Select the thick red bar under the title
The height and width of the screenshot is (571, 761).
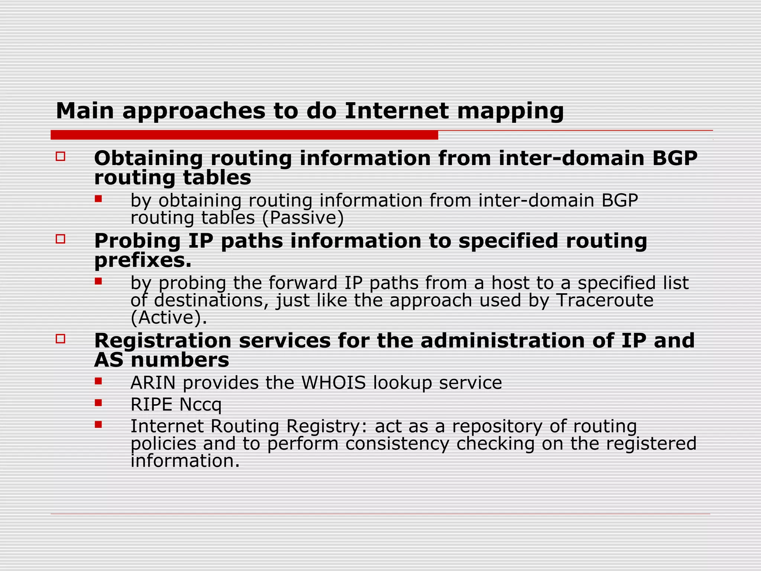pos(244,135)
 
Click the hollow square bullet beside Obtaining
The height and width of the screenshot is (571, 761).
pos(61,156)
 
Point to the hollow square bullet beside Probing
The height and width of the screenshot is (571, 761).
pos(61,239)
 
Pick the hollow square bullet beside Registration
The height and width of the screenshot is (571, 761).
pos(61,339)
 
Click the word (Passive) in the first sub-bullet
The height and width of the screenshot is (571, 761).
pos(303,218)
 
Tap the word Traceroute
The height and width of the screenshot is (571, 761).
pos(605,300)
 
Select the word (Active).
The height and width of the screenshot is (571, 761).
pos(168,317)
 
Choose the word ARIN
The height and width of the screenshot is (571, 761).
pos(153,383)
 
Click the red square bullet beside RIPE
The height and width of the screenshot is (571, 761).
pos(98,403)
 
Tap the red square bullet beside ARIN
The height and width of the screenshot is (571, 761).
pos(98,381)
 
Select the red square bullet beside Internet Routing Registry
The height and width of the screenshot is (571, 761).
pos(98,425)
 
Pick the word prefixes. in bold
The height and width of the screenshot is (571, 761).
pos(143,260)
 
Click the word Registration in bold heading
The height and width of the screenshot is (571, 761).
pos(163,341)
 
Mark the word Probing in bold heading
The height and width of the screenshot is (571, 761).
pos(137,241)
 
